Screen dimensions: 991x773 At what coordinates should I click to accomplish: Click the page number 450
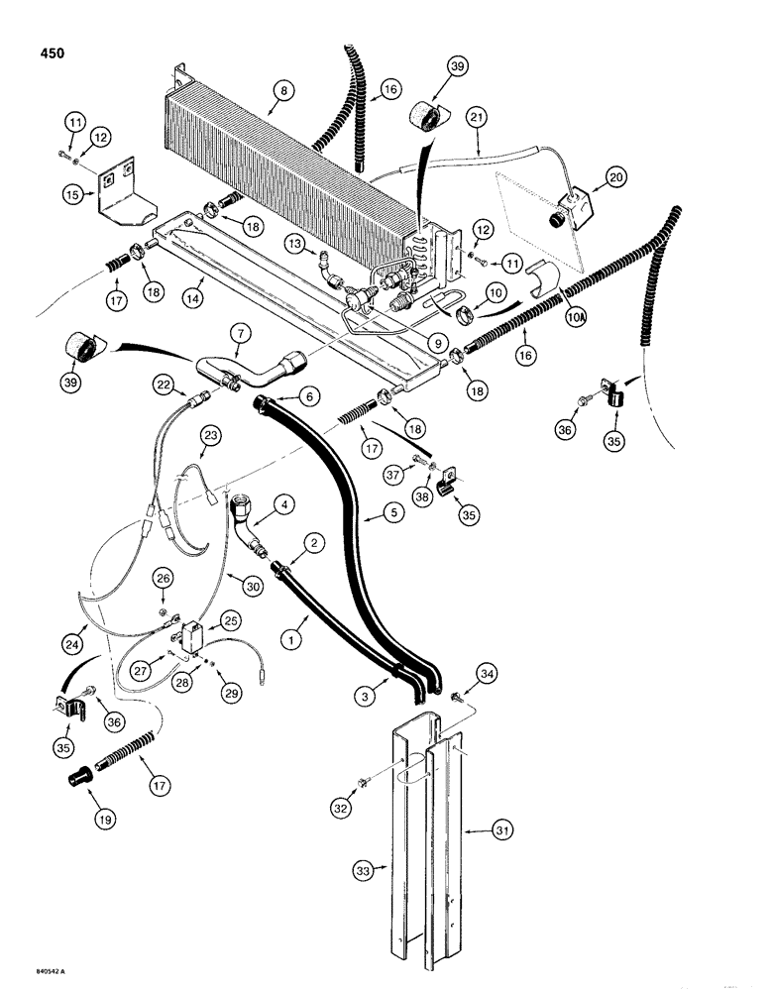47,53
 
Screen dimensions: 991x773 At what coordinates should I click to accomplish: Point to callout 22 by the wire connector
165,382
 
